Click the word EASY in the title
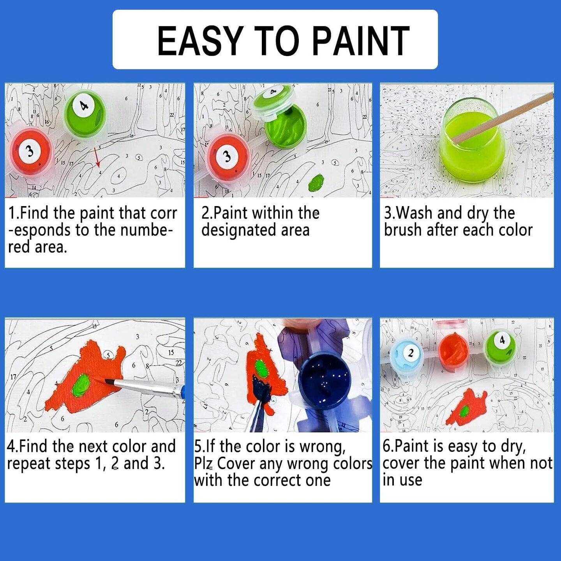200,41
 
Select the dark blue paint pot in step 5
325,382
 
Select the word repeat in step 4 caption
28,464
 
